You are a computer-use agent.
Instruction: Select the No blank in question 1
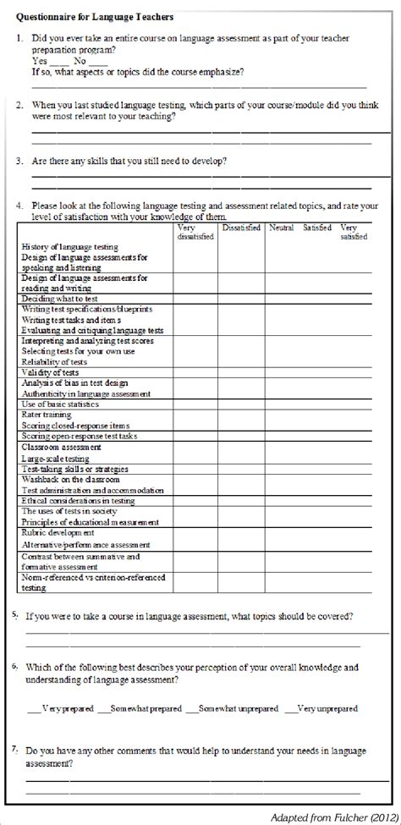tap(98, 62)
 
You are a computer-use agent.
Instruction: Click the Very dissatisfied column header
tap(194, 232)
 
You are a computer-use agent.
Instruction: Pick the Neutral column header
tap(281, 228)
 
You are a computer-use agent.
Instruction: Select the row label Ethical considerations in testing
tap(78, 500)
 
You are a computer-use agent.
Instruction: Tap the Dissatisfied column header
tap(241, 228)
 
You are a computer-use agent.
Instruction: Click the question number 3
tap(19, 160)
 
